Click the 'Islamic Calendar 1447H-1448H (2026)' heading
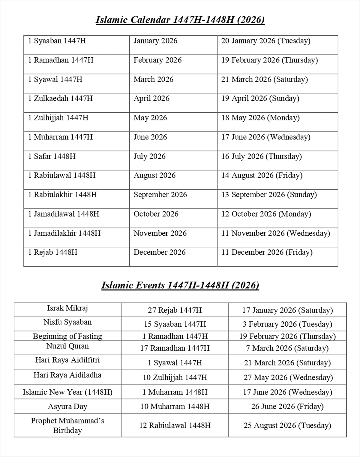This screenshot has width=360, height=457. coord(180,20)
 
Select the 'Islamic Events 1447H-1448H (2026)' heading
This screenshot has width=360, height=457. coord(180,285)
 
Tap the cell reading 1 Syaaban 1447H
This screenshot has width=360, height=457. coord(57,41)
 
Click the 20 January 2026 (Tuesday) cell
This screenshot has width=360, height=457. coord(266,41)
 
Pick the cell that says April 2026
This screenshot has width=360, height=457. coord(151,98)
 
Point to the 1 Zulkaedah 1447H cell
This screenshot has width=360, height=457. coord(60,98)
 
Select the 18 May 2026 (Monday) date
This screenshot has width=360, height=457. coord(260,118)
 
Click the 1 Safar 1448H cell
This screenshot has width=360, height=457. coord(52,156)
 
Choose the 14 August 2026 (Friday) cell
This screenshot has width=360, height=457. coord(262,175)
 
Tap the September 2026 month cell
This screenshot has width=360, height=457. coord(160,195)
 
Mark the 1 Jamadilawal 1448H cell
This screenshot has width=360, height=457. coord(64,214)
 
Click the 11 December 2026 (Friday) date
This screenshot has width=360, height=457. coord(267,252)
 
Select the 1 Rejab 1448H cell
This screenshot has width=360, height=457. coord(53,252)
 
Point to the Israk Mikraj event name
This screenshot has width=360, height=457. coord(67,308)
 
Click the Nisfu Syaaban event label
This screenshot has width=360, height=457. coord(67,322)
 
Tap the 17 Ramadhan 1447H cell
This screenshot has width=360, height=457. coord(175,348)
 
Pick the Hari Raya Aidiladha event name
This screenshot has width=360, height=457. coord(67,375)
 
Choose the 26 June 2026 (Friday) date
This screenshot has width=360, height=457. coord(287,407)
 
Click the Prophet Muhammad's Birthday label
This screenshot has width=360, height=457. coord(67,425)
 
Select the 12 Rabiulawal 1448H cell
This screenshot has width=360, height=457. coord(175,425)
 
